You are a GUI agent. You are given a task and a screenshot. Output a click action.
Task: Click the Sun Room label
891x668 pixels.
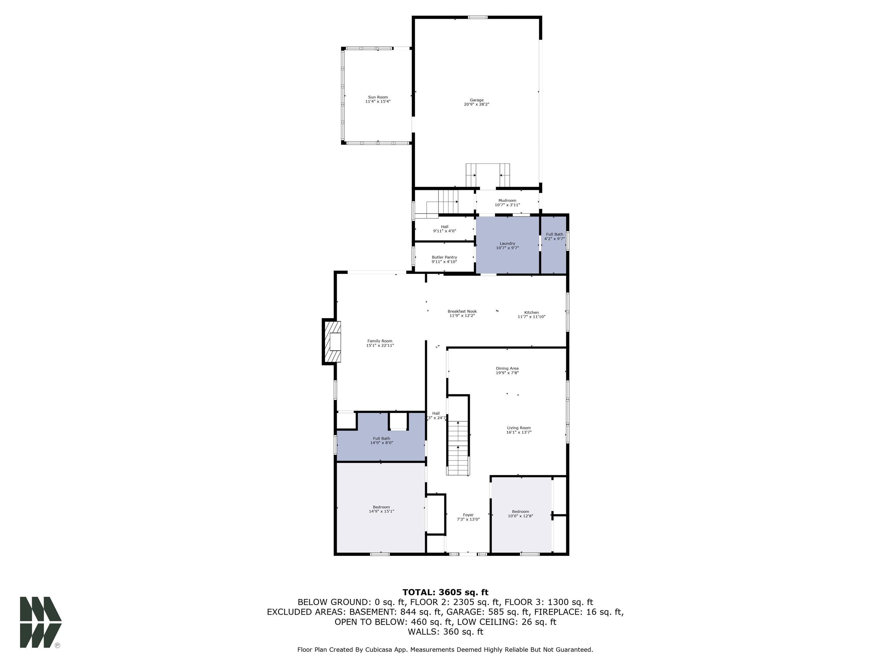pos(378,97)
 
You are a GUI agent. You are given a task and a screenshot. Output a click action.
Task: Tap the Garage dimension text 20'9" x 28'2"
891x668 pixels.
pos(476,104)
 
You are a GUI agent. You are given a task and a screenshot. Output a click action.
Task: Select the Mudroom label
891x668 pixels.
pos(507,201)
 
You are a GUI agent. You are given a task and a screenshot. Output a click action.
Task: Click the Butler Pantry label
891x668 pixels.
pos(444,257)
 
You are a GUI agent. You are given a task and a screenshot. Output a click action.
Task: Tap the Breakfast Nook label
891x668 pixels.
pos(462,311)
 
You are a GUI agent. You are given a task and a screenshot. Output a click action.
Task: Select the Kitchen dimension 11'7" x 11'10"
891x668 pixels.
pos(531,317)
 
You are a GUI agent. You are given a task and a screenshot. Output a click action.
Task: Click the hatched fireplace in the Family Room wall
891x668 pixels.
pos(332,342)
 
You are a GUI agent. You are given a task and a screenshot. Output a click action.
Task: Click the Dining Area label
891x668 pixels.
pos(507,369)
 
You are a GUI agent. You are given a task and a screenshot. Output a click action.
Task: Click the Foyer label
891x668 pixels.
pos(468,515)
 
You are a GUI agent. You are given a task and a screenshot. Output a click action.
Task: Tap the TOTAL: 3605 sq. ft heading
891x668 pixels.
pos(445,592)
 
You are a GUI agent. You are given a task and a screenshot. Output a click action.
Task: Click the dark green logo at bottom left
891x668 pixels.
pos(40,622)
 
